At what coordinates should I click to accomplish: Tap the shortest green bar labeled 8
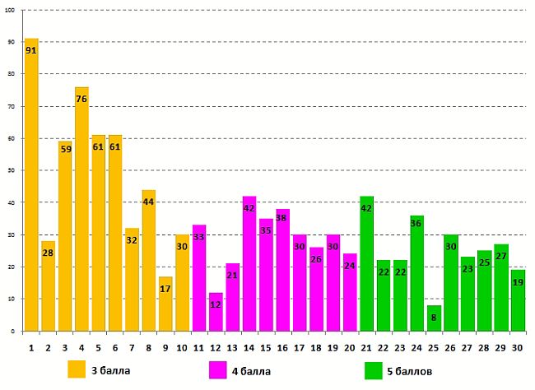(434, 318)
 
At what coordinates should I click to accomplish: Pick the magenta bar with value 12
(216, 312)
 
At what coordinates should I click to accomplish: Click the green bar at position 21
(367, 263)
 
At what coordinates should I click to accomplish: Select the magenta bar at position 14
(249, 263)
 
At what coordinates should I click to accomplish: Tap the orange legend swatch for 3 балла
(77, 369)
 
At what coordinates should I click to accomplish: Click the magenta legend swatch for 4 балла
(219, 369)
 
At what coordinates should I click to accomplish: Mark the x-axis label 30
(518, 348)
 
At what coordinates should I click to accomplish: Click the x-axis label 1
(31, 348)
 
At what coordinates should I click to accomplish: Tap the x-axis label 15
(266, 348)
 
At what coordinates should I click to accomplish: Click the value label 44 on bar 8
(148, 202)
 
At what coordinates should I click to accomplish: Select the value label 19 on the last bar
(518, 282)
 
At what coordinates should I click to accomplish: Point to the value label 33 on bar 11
(198, 238)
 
